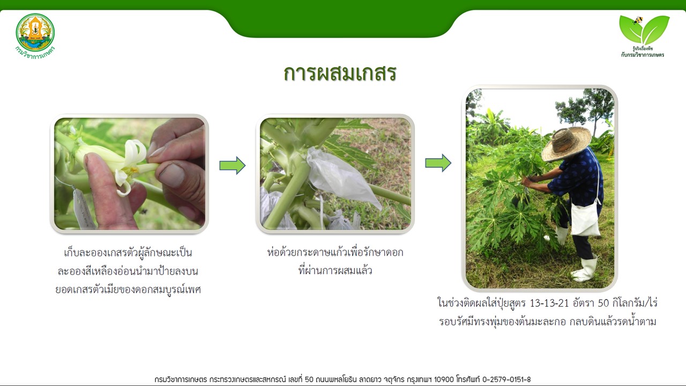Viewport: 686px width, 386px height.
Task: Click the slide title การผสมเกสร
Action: (x=340, y=74)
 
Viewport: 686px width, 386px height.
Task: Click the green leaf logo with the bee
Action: (x=644, y=29)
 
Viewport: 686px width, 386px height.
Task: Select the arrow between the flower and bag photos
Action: (x=233, y=166)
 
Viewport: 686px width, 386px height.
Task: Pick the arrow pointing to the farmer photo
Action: (x=438, y=163)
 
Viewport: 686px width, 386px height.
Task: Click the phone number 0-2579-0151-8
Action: (x=506, y=380)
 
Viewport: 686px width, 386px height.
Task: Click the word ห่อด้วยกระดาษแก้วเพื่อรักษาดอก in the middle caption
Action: (x=335, y=253)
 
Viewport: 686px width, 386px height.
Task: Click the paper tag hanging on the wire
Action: (x=82, y=209)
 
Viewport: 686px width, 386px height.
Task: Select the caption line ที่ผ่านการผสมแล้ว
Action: (x=335, y=270)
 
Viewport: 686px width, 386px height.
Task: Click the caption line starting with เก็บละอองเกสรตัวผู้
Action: (x=128, y=253)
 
